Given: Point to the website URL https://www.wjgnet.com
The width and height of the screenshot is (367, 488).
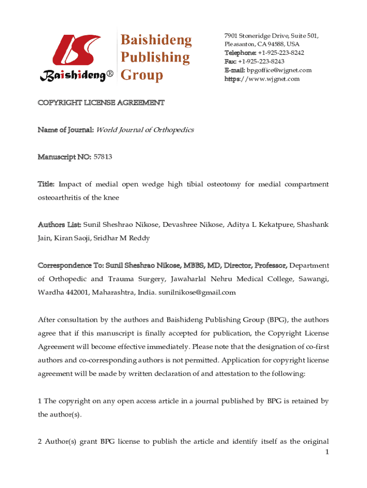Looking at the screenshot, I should (x=262, y=79).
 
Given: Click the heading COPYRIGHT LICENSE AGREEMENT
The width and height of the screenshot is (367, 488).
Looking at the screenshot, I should (x=101, y=102).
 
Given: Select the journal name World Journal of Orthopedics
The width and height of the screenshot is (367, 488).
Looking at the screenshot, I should (x=145, y=130).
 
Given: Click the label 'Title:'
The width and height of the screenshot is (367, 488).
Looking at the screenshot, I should (x=46, y=184).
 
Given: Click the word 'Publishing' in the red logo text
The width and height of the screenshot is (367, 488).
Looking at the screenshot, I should (x=154, y=58).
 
